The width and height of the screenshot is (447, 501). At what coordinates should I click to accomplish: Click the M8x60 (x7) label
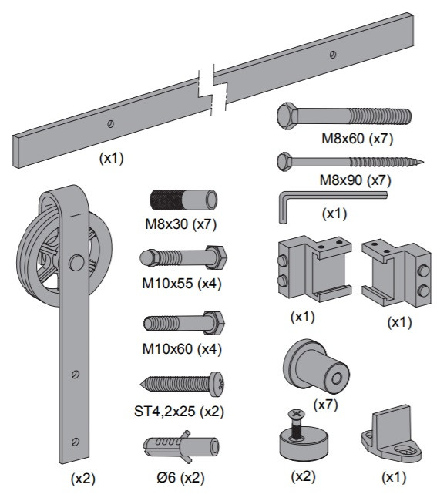coord(358,139)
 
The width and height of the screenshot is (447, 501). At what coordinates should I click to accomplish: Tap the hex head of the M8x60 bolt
coord(287,116)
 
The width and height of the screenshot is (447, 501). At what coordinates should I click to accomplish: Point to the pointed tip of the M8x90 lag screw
coord(422,163)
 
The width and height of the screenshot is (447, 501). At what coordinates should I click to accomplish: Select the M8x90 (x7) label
coord(355,180)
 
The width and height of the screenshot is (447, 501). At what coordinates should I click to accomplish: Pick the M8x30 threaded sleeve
coord(183,200)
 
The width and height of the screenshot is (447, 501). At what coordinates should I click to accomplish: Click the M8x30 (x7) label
coord(181,224)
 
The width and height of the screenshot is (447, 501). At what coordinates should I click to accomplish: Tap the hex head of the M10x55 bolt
coord(216,257)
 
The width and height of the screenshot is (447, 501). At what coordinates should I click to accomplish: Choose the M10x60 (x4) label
coord(182,349)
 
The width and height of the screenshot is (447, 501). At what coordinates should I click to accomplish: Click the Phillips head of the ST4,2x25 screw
coord(217,384)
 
